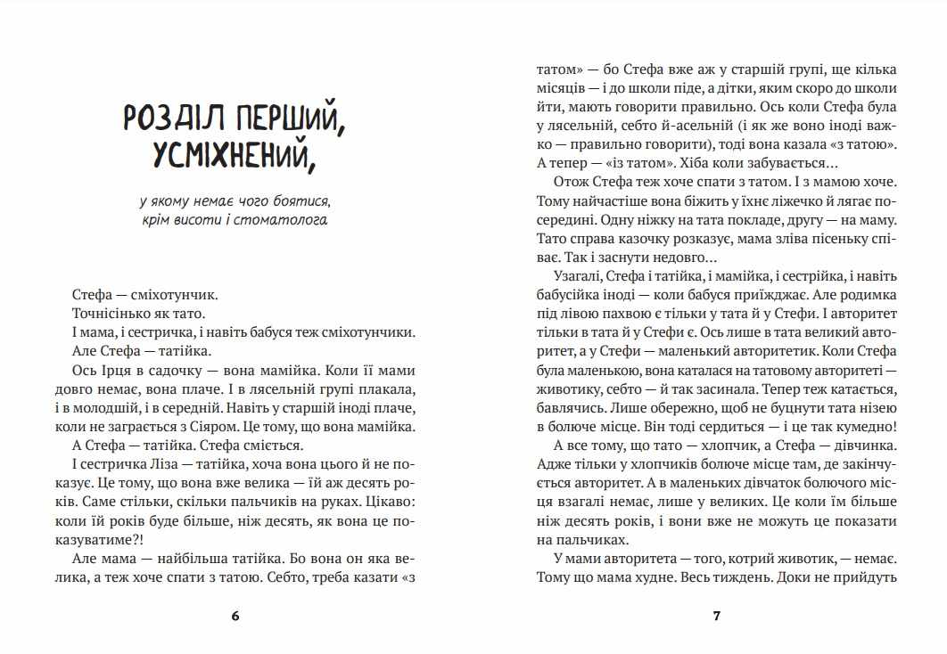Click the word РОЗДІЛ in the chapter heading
(177, 118)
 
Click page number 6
(235, 616)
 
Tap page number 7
(716, 616)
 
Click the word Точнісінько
(108, 313)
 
